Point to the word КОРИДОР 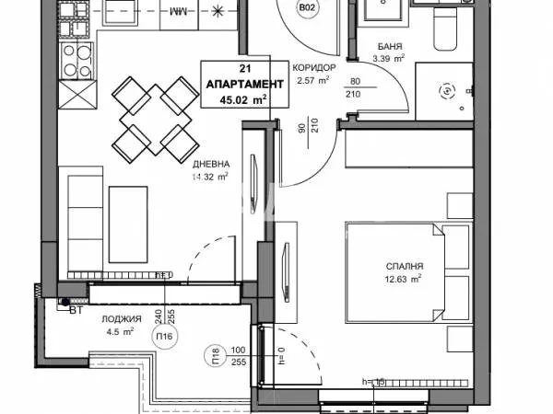pos(314,69)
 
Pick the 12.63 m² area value pos(404,277)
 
